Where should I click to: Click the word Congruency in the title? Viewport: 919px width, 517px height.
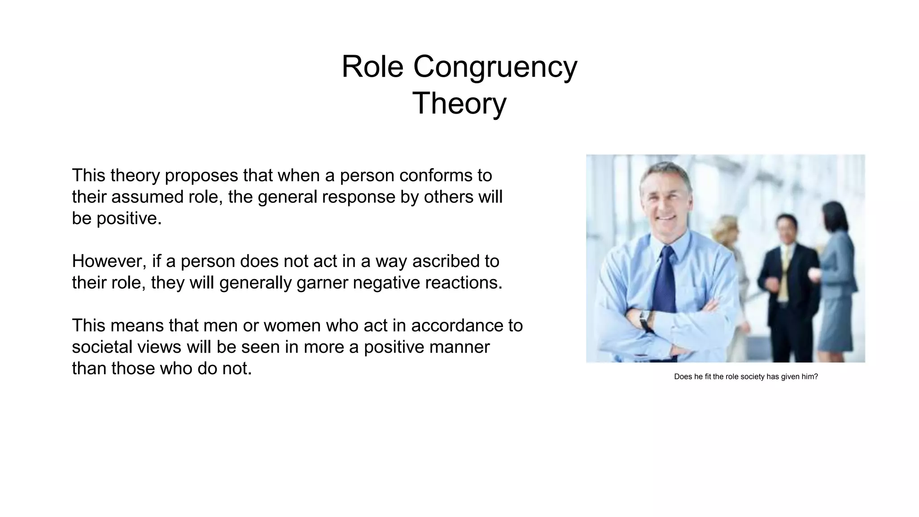(x=495, y=66)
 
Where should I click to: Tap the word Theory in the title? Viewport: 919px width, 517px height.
(x=459, y=103)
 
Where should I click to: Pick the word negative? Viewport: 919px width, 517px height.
(x=386, y=283)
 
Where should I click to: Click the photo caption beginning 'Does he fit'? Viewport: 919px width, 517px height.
(x=746, y=377)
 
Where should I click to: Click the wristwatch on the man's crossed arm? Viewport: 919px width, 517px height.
(x=645, y=320)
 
